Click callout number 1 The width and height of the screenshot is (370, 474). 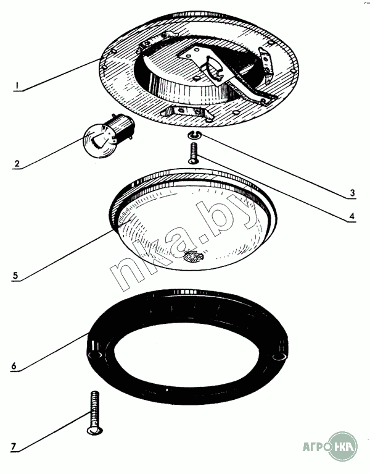(x=17, y=85)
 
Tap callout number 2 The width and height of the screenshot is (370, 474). (x=17, y=164)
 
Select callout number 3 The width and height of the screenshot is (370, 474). (x=352, y=193)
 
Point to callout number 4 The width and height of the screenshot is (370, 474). (x=351, y=216)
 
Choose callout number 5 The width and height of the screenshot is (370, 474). (x=15, y=276)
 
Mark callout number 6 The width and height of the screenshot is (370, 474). (x=14, y=366)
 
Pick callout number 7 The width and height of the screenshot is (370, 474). (x=14, y=446)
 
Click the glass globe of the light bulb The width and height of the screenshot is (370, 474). (x=98, y=142)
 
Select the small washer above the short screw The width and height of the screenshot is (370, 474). (x=194, y=135)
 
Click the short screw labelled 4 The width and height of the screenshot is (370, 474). (x=193, y=153)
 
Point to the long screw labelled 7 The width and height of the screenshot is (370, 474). (x=94, y=413)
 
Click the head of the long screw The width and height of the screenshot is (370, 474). (x=94, y=430)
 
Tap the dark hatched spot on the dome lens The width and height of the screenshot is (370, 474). (x=193, y=256)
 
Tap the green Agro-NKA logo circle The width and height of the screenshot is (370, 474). (x=343, y=446)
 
